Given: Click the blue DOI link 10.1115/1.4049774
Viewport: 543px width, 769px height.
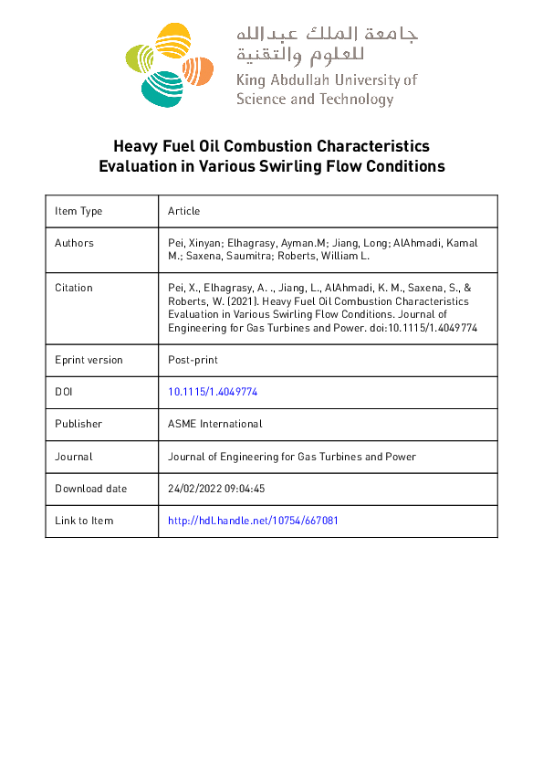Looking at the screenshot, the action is [213, 391].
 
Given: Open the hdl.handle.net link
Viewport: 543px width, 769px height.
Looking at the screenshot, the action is [254, 521].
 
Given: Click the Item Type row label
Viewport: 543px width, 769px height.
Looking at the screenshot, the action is [78, 211].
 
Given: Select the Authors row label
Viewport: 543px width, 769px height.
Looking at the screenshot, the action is [74, 243].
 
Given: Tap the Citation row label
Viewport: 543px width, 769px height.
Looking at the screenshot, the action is [74, 288].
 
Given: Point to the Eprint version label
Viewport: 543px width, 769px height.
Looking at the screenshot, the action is [89, 360].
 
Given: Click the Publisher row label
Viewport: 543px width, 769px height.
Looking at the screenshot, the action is [78, 424].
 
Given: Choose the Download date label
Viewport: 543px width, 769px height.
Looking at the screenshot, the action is [91, 489].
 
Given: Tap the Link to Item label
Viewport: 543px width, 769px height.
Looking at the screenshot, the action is [84, 521].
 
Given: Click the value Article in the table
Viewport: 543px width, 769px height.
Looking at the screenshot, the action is [183, 211].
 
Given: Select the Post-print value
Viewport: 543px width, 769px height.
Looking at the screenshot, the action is [193, 360].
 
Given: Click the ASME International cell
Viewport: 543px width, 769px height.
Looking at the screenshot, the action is [215, 424].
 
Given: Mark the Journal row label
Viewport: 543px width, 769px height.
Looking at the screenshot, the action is [74, 456].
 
